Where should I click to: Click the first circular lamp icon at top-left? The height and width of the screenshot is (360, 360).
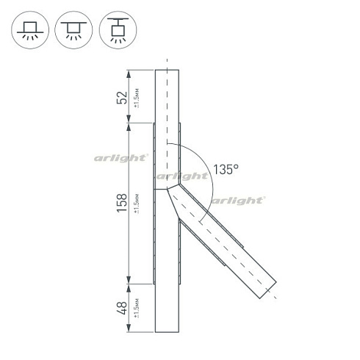pos(30,29)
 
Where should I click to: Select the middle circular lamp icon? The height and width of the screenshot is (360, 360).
pos(72,29)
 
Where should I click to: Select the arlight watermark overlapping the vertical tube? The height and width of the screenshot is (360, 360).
pos(181,176)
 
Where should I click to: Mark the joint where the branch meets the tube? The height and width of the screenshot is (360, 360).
pos(168,190)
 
